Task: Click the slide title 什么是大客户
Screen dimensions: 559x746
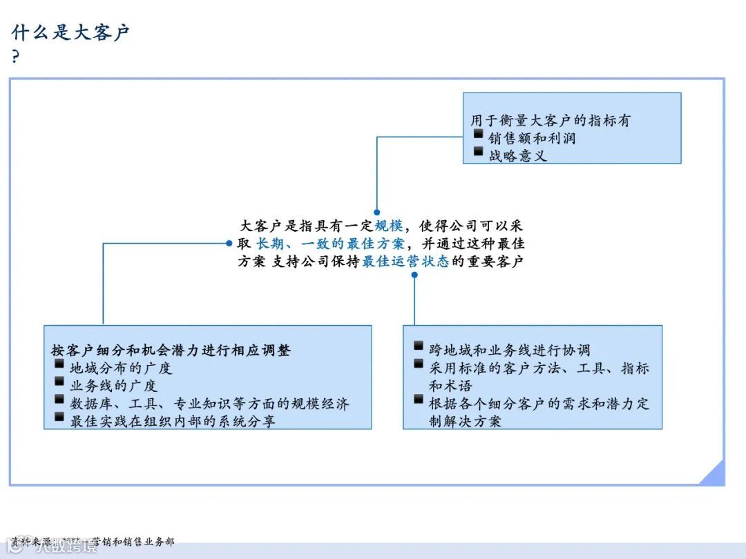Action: pyautogui.click(x=71, y=32)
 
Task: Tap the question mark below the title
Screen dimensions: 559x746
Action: pyautogui.click(x=16, y=57)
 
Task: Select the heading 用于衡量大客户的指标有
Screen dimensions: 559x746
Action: pyautogui.click(x=551, y=120)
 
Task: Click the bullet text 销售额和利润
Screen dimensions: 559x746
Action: pyautogui.click(x=532, y=138)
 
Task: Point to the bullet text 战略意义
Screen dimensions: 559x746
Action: pyautogui.click(x=517, y=155)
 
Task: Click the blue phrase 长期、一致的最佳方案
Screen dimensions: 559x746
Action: pyautogui.click(x=330, y=243)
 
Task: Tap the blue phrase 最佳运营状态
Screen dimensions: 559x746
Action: pyautogui.click(x=405, y=262)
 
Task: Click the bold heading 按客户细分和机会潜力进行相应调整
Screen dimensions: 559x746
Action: pyautogui.click(x=171, y=350)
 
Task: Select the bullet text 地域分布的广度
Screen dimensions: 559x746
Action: pyautogui.click(x=121, y=368)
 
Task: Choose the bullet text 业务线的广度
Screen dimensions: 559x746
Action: pyautogui.click(x=114, y=386)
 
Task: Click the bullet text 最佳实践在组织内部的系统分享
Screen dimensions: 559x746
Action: pyautogui.click(x=173, y=420)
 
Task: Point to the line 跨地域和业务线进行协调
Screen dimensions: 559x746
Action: pyautogui.click(x=510, y=350)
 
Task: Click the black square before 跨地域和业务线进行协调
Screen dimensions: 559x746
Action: pyautogui.click(x=419, y=346)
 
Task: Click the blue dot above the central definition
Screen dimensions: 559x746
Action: pyautogui.click(x=377, y=213)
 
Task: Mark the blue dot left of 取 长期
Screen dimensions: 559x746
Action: pyautogui.click(x=229, y=243)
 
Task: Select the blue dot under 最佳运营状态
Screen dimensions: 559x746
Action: pyautogui.click(x=414, y=275)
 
